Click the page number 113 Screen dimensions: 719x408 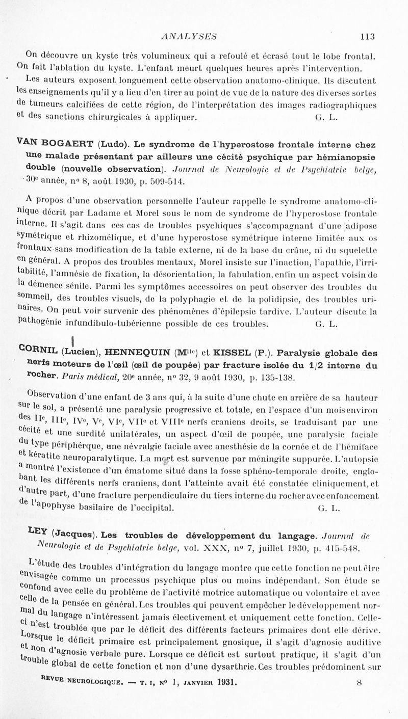(367, 36)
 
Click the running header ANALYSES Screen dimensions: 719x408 (189, 36)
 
